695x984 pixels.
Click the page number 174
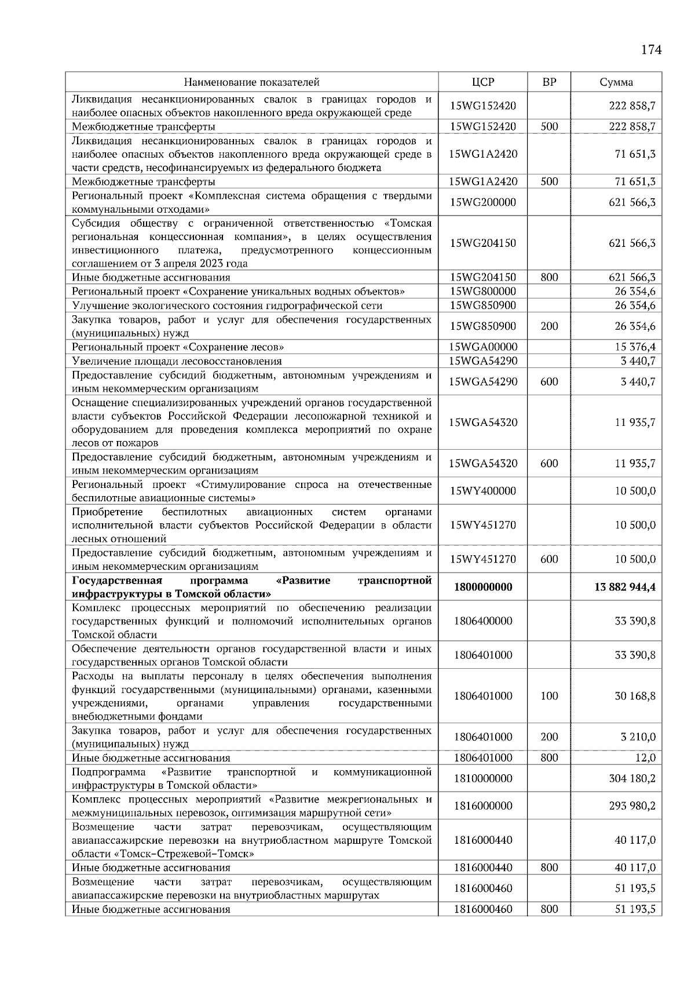point(651,50)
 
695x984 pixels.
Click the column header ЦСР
point(483,82)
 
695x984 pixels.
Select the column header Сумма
point(616,82)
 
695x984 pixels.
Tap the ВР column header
point(549,82)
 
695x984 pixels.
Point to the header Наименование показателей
point(251,82)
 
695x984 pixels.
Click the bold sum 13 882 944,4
point(624,587)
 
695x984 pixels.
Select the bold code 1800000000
point(483,587)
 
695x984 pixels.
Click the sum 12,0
point(645,758)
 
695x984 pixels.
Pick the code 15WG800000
point(483,291)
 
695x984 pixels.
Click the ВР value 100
point(549,696)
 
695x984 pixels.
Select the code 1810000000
point(483,778)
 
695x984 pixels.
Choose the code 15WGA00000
point(483,347)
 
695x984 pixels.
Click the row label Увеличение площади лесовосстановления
point(177,361)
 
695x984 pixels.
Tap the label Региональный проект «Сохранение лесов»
point(178,347)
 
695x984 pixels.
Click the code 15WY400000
point(483,491)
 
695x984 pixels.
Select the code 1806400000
point(483,621)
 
